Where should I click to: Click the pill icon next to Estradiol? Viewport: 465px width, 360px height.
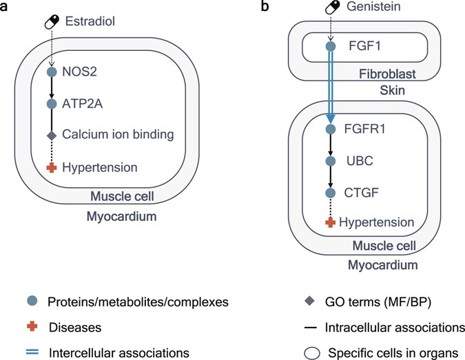[x=51, y=22]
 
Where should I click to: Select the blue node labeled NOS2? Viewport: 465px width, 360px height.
[x=51, y=71]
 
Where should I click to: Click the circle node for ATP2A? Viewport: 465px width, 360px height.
[x=51, y=104]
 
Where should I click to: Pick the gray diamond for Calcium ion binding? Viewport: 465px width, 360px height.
[x=51, y=136]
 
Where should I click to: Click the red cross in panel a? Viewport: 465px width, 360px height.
[x=51, y=167]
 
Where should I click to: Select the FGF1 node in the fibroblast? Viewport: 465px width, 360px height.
[x=330, y=47]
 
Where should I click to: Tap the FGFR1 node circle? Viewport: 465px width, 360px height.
[x=330, y=129]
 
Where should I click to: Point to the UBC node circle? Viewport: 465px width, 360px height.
[x=330, y=160]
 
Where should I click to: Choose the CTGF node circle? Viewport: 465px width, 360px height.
[x=330, y=191]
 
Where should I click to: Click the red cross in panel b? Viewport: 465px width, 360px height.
[x=330, y=222]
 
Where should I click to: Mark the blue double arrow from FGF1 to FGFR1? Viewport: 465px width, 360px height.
[x=330, y=86]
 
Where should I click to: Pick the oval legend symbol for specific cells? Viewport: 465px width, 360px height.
[x=311, y=353]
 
